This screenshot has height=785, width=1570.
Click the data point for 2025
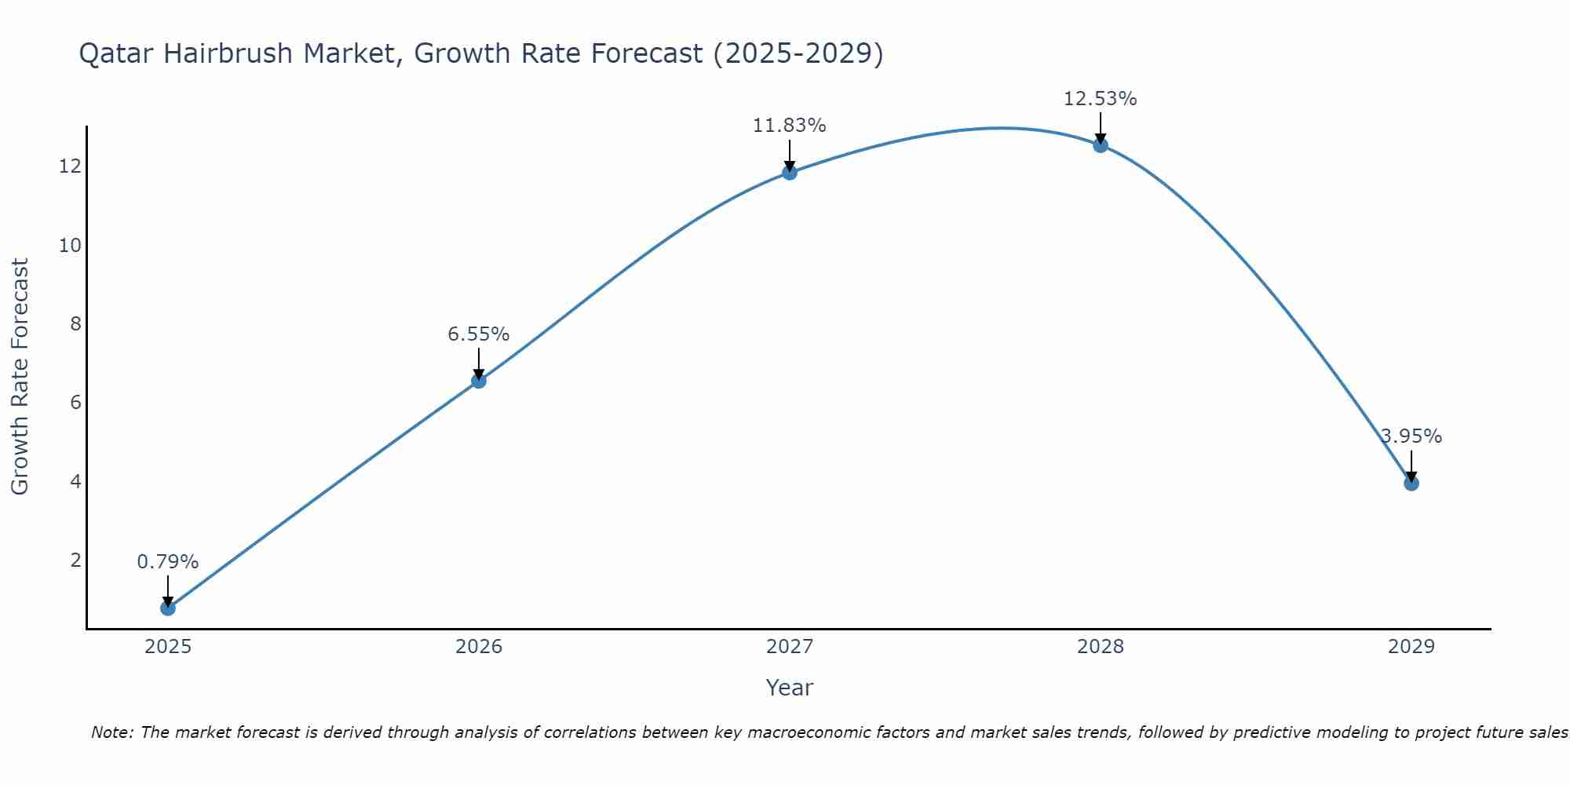pyautogui.click(x=168, y=608)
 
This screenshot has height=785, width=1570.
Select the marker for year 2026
pyautogui.click(x=479, y=381)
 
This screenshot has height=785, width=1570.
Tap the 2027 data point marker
pyautogui.click(x=790, y=173)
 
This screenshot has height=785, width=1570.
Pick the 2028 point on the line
pyautogui.click(x=1101, y=145)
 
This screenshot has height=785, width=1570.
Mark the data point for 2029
pyautogui.click(x=1411, y=484)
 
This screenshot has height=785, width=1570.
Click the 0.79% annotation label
pyautogui.click(x=168, y=562)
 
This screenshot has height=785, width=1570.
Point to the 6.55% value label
pyautogui.click(x=479, y=334)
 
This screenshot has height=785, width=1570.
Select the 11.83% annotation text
pyautogui.click(x=790, y=126)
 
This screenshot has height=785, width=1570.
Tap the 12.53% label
pyautogui.click(x=1101, y=99)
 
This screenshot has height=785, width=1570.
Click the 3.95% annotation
pyautogui.click(x=1411, y=436)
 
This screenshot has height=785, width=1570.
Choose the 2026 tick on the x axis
pyautogui.click(x=479, y=647)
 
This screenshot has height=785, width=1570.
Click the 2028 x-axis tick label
pyautogui.click(x=1101, y=647)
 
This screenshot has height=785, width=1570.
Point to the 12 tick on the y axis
pyautogui.click(x=70, y=166)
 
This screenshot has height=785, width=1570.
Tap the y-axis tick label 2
pyautogui.click(x=75, y=560)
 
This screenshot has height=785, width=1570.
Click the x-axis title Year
pyautogui.click(x=790, y=688)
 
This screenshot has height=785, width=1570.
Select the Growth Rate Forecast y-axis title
pyautogui.click(x=20, y=377)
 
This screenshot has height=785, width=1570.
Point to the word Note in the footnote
pyautogui.click(x=113, y=732)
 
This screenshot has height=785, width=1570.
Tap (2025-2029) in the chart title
pyautogui.click(x=798, y=53)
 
